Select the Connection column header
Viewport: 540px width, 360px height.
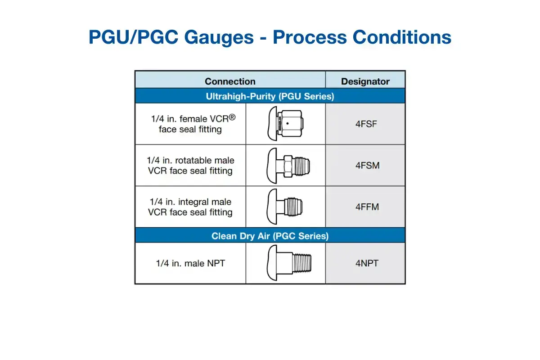230,81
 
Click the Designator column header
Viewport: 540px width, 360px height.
365,81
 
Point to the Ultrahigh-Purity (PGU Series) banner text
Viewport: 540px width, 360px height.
270,96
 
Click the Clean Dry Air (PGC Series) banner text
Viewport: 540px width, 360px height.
270,236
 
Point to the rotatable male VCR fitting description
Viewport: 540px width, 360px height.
190,166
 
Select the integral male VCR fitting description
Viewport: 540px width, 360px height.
190,207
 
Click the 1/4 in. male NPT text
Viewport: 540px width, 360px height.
190,263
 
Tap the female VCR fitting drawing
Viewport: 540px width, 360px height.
285,124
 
